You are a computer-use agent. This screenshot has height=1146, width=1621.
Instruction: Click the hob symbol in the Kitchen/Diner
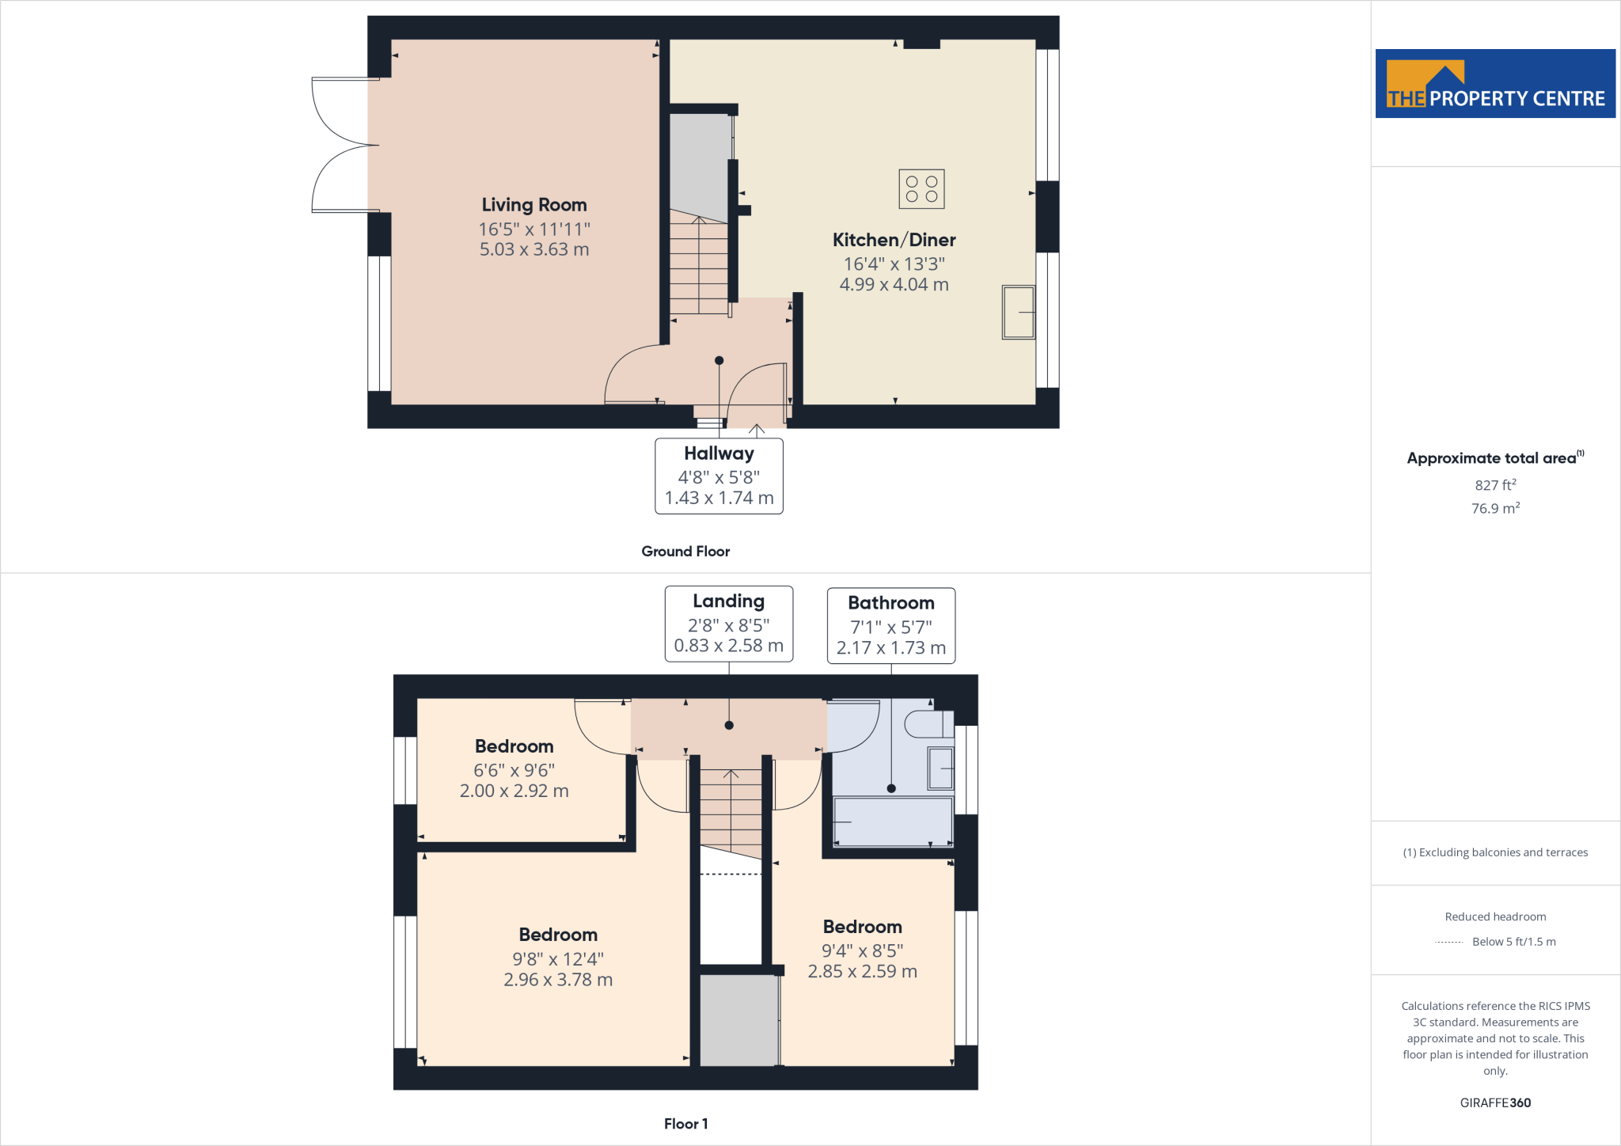[x=921, y=189]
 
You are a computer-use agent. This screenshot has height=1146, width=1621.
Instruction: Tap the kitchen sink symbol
[x=1018, y=313]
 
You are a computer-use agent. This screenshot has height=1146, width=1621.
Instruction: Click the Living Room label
[x=534, y=205]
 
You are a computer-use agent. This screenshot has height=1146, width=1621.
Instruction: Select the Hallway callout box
[x=719, y=476]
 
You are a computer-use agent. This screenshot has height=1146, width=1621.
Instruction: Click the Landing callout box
[x=728, y=624]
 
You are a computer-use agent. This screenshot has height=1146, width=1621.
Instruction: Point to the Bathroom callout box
[x=891, y=625]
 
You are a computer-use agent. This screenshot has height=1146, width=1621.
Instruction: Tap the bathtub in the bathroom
[x=893, y=822]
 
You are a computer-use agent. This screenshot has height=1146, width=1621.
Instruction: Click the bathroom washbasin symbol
[x=940, y=768]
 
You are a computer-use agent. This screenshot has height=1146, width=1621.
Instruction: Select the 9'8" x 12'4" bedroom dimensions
[x=558, y=959]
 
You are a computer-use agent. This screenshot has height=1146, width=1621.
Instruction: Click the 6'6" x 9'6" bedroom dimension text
[x=514, y=770]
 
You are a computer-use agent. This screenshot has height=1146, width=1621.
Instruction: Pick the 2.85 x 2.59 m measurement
[x=862, y=971]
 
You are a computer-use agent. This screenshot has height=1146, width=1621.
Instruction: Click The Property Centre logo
[x=1494, y=84]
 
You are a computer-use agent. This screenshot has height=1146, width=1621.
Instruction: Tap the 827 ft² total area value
[x=1494, y=485]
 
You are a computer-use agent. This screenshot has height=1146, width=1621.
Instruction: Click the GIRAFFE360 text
[x=1494, y=1102]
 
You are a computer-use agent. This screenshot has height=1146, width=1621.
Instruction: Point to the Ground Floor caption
[x=685, y=552]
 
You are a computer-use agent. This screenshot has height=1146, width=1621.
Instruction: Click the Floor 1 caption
[x=685, y=1124]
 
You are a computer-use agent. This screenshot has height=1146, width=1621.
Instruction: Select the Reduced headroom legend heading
[x=1494, y=916]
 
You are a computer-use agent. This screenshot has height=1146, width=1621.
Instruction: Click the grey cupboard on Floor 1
[x=738, y=1020]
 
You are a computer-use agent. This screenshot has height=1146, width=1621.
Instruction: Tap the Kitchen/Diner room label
[x=894, y=240]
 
